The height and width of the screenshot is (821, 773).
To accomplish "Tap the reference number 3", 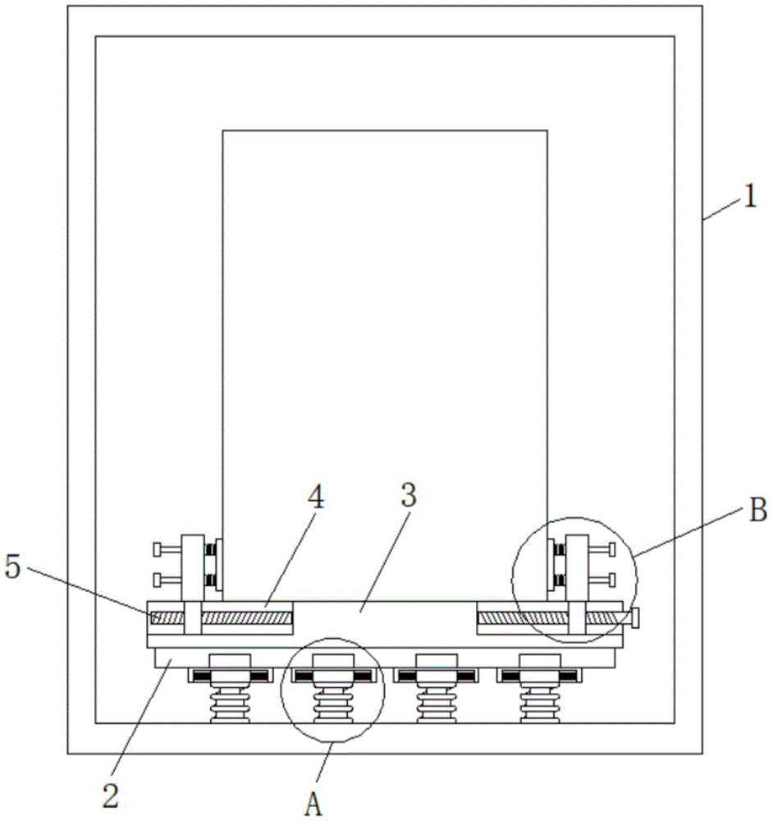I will (408, 496).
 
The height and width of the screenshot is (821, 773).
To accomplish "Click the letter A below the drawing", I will (313, 804).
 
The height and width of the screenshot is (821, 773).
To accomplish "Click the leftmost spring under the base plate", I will (230, 706).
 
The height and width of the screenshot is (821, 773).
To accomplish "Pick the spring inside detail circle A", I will (332, 706).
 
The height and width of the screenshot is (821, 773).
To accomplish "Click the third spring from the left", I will (435, 706).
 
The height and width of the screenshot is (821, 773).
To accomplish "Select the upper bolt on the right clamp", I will (605, 548).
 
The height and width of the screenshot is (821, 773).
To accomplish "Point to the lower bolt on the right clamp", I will (605, 580).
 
